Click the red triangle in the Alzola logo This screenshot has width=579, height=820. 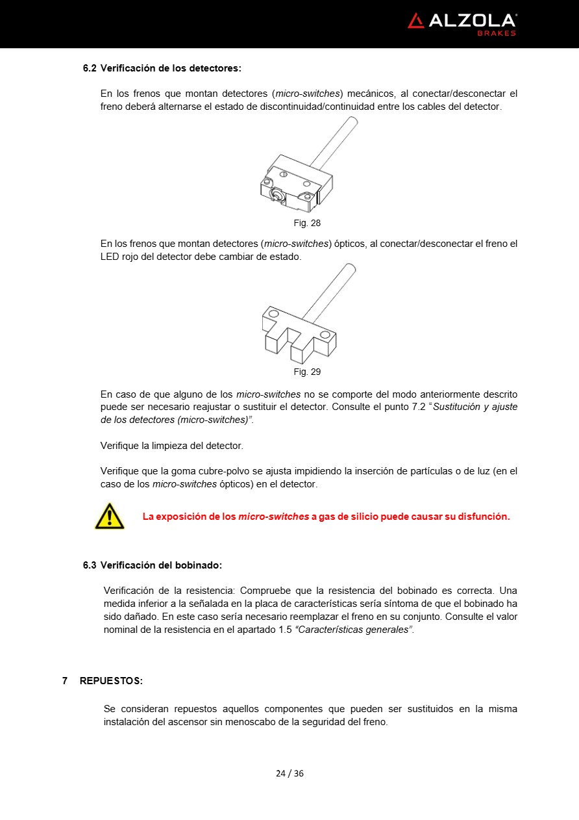(415, 21)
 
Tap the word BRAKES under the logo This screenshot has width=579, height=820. (497, 33)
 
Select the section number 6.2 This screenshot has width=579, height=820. (90, 68)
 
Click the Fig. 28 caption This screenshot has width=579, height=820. (307, 223)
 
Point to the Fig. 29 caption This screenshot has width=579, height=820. (307, 372)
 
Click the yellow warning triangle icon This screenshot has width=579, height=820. (109, 516)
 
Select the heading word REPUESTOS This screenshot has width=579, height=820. (111, 680)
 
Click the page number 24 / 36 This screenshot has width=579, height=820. (289, 773)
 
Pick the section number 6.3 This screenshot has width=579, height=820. (90, 565)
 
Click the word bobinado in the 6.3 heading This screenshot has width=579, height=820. (199, 565)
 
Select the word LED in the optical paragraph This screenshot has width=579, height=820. (110, 257)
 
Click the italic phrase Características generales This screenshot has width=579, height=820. (354, 630)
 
